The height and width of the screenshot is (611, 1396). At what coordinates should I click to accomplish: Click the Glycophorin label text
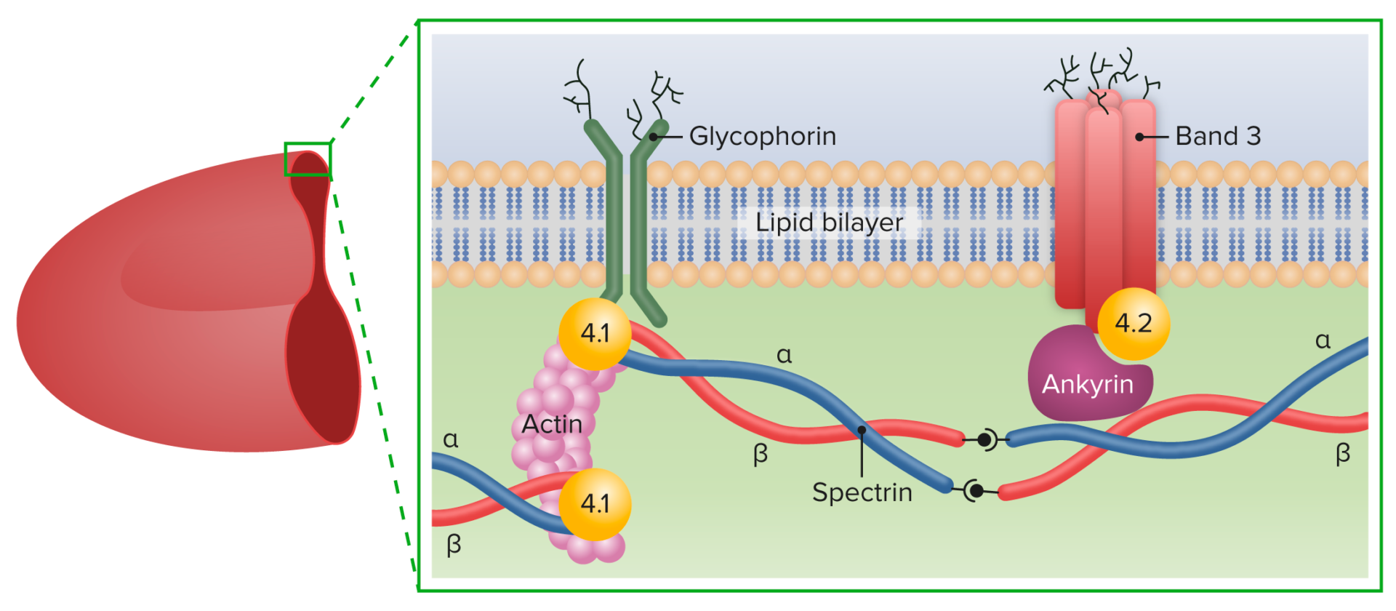coord(762,136)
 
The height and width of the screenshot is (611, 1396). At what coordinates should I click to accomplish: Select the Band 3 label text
coord(1218,136)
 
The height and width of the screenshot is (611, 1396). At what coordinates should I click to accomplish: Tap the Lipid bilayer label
coord(829,222)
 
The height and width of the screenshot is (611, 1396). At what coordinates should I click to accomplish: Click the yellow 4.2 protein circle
coord(1133,323)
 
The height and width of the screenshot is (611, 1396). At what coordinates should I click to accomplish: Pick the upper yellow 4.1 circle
coord(595,333)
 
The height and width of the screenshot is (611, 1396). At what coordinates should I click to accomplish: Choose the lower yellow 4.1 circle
coord(595,503)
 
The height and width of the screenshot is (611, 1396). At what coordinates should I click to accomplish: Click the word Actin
coord(552,424)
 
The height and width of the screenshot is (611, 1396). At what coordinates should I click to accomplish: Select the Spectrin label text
coord(862,492)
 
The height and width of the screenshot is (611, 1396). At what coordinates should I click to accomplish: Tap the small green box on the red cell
coord(308,159)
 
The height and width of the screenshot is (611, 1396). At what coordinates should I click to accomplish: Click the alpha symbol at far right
coord(1323,340)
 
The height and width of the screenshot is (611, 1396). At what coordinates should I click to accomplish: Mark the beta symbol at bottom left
coord(454,544)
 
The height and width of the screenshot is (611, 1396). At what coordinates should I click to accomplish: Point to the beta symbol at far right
coord(1342,453)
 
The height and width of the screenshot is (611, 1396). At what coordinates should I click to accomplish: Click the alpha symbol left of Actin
coord(451,439)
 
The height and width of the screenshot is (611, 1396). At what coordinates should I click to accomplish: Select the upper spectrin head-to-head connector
coord(985,439)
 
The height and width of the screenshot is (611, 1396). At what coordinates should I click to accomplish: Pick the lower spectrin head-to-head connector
coord(976,491)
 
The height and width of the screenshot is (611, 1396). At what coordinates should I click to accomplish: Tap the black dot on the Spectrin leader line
coord(862,430)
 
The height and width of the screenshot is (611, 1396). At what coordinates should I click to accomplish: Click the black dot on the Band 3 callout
coord(1140,137)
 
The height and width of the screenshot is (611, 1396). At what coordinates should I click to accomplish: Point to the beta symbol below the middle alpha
coord(761,455)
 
